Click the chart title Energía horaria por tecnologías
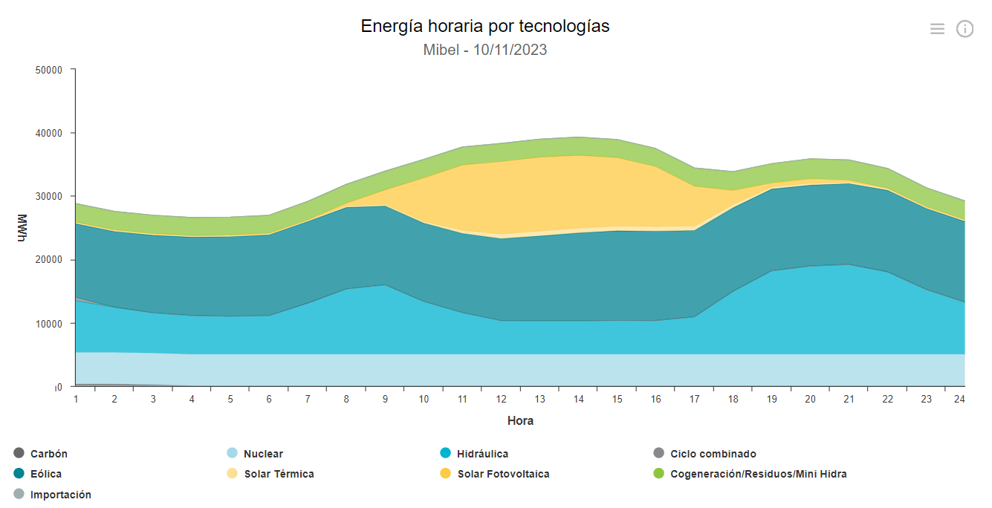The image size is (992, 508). coord(484,26)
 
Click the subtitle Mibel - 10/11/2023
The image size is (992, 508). coord(484,50)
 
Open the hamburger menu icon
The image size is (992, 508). coord(937,29)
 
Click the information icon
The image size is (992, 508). coord(965,29)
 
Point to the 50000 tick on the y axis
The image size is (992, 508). coord(50,70)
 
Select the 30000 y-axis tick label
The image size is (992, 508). coord(50,197)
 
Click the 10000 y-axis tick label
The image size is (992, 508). coord(50,324)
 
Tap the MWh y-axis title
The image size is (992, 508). coord(22,228)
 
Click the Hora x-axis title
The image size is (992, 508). coord(520,420)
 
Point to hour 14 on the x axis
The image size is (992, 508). coord(578,399)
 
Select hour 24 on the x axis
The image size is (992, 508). coord(959,399)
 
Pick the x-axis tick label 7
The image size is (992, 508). coord(308,399)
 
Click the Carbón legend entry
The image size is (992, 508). coord(48,454)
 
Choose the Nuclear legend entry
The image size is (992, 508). coord(263,454)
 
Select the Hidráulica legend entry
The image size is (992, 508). coord(482,454)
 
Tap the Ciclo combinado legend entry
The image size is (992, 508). coord(713,454)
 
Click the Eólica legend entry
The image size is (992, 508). coord(46,474)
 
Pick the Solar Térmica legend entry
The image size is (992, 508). coord(279,474)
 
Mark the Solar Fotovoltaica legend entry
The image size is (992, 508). coord(503,474)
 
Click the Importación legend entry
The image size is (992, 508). coord(60,495)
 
